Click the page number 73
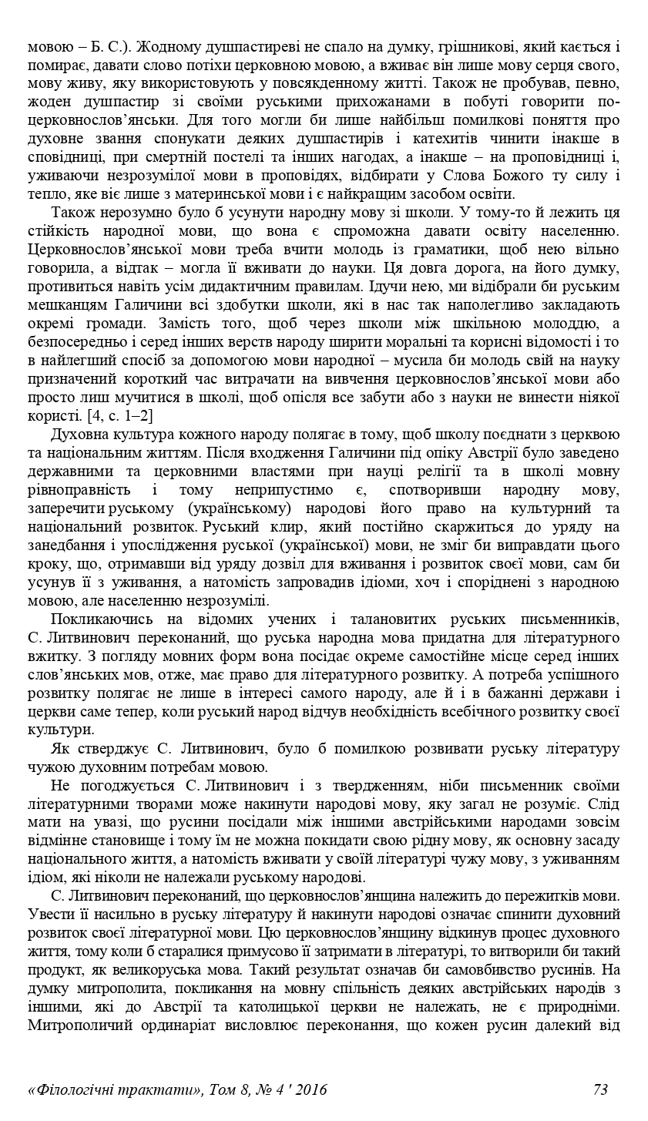[x=600, y=1089]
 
